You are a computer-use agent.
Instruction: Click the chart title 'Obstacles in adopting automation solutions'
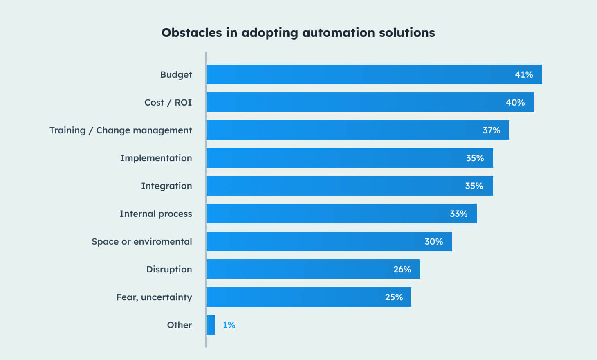298,33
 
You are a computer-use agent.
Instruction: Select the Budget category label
176,75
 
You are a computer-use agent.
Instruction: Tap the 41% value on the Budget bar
523,75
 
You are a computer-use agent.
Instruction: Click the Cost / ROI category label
168,103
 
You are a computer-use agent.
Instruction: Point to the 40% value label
515,103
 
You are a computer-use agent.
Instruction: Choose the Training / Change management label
121,130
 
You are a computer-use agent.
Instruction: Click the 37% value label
491,130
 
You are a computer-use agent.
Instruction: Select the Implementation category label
156,158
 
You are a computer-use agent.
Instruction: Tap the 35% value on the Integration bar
474,186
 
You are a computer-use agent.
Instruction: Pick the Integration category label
166,186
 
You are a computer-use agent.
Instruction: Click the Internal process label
156,214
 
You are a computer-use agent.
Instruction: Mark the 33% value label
458,214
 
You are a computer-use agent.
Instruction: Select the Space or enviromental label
141,242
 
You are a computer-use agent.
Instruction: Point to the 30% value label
433,242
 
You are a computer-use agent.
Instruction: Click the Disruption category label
169,270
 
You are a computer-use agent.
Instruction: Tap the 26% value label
402,270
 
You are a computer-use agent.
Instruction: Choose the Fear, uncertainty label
154,297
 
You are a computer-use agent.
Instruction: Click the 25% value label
394,297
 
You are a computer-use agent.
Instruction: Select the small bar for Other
211,325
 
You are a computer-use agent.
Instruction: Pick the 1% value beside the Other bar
229,325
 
